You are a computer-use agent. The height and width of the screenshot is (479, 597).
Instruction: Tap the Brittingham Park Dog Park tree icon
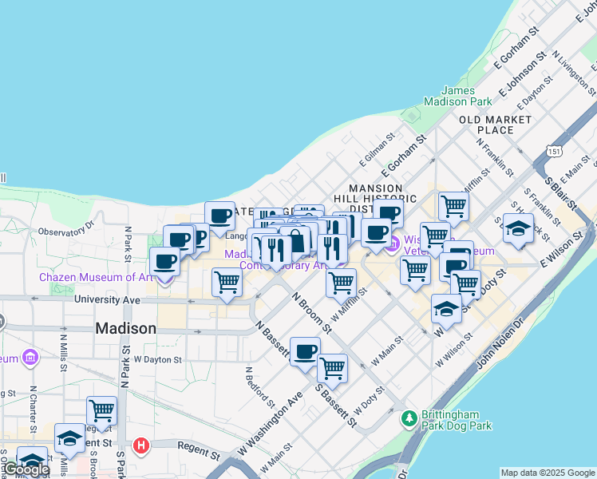coord(409,417)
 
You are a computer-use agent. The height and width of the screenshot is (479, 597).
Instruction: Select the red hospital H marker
coord(141,445)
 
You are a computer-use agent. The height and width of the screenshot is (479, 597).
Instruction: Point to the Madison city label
coord(125,328)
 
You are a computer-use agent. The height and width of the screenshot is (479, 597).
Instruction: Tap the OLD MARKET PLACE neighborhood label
coord(495,125)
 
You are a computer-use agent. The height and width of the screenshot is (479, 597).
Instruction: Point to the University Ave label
coord(107,299)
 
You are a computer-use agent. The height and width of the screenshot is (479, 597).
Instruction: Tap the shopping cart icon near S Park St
coord(101,410)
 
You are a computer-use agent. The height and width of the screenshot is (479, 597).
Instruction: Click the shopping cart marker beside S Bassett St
coord(332,368)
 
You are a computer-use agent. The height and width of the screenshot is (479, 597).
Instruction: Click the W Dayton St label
coord(157,359)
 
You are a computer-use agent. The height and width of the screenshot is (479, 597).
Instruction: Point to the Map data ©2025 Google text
coord(547,473)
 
